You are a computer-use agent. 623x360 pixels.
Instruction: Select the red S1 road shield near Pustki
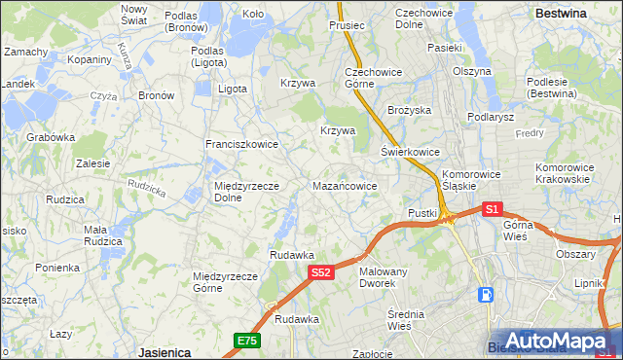click(x=492, y=208)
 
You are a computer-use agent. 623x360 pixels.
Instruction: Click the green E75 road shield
click(x=246, y=340)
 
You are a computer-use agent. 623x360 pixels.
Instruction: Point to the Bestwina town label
click(x=561, y=14)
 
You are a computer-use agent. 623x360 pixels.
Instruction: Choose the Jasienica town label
click(x=164, y=352)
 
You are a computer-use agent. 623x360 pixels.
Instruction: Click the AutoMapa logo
click(x=560, y=340)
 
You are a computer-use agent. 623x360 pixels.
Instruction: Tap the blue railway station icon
click(x=486, y=295)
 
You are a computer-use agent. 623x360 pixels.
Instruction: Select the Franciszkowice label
click(x=241, y=144)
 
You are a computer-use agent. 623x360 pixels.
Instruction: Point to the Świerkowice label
click(x=410, y=152)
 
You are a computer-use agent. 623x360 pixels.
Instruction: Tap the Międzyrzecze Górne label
click(x=225, y=282)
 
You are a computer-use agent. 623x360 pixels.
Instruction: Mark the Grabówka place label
click(x=51, y=137)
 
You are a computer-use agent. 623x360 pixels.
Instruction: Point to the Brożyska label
click(x=409, y=110)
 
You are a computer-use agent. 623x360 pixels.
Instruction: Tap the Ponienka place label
click(x=57, y=268)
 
